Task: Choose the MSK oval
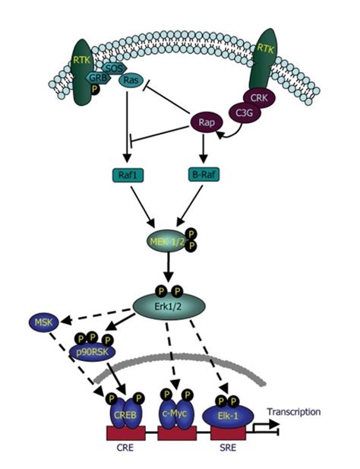point(40,324)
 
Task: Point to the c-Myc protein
point(175,415)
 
